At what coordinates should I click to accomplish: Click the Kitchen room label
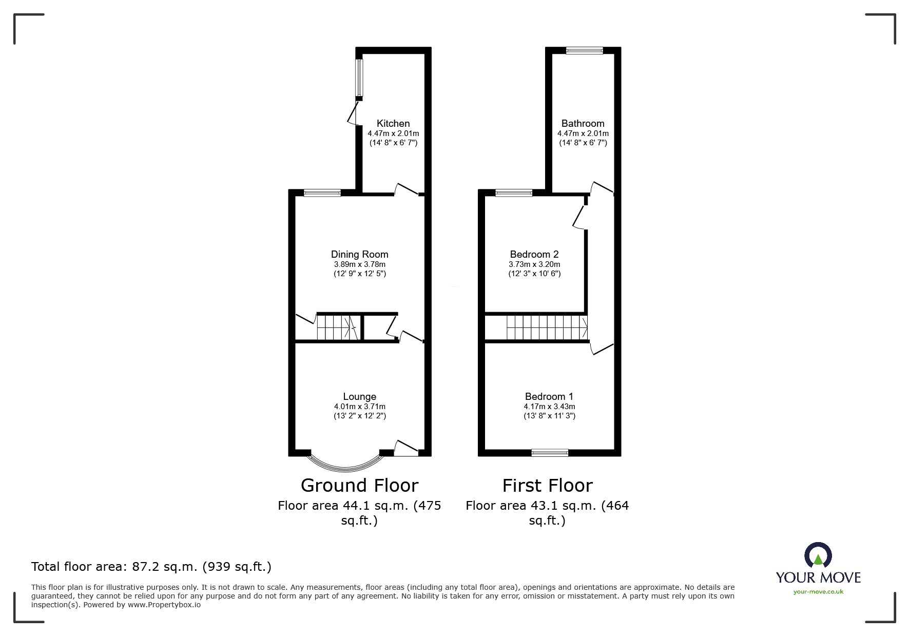(393, 123)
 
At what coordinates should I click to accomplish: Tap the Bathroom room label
(583, 123)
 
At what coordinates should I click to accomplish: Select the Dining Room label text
(359, 254)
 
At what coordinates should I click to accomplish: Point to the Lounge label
(359, 396)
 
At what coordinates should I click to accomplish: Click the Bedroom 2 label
(534, 254)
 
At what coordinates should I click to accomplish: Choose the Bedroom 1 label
(549, 396)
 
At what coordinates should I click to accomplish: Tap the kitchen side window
(359, 78)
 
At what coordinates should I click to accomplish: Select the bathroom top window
(584, 50)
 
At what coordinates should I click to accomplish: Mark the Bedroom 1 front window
(550, 453)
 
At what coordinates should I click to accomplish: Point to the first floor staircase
(547, 327)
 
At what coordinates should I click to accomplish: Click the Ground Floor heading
(359, 485)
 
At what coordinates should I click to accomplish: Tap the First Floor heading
(547, 485)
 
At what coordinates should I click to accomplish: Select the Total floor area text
(151, 567)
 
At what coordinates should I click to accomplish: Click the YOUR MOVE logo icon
(818, 556)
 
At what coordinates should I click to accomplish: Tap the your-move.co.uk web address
(818, 592)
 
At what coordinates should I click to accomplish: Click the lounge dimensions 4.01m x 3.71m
(359, 407)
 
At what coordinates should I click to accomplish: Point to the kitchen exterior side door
(353, 113)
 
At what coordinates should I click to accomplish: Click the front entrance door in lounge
(407, 448)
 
